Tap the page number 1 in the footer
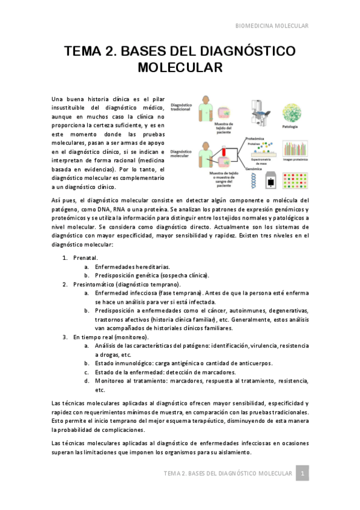coord(304,474)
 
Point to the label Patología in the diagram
coord(290,127)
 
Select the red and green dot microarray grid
coord(291,180)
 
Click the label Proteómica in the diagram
coord(255,138)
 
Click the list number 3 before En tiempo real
coord(65,337)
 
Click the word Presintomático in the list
coord(96,284)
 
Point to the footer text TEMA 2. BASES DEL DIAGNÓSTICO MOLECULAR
coord(228,474)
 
